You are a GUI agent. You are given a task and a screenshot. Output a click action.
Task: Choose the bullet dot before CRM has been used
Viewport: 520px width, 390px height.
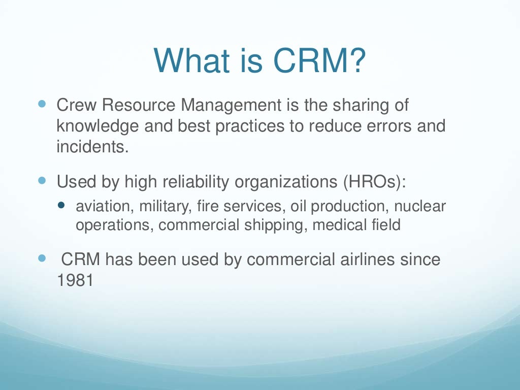click(42, 258)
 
